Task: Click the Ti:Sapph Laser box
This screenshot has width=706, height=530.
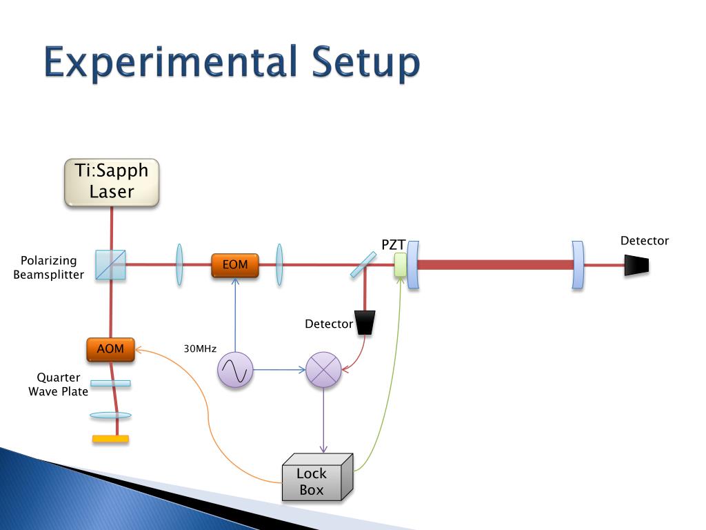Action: click(112, 182)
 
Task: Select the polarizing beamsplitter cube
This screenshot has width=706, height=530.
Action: click(111, 265)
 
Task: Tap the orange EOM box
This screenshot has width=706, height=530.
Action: click(235, 265)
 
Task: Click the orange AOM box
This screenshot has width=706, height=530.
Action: click(110, 349)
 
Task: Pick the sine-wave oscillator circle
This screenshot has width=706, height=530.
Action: click(235, 370)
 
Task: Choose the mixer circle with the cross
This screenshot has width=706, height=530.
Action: click(324, 370)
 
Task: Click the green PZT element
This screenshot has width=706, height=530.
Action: click(401, 265)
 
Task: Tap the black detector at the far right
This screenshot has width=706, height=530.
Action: click(636, 265)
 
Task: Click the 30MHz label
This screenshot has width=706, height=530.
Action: click(200, 349)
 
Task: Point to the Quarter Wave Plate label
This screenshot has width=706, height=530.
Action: click(59, 384)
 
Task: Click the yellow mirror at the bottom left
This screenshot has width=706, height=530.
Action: click(110, 438)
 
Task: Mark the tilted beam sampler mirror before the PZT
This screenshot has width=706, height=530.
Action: click(363, 265)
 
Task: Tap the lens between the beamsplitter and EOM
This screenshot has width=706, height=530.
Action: click(179, 264)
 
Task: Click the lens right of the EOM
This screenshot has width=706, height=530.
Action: click(279, 264)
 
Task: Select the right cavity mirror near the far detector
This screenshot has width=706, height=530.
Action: click(578, 265)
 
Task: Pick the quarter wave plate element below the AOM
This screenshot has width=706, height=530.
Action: click(110, 383)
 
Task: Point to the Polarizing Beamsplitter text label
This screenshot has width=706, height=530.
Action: click(49, 268)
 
